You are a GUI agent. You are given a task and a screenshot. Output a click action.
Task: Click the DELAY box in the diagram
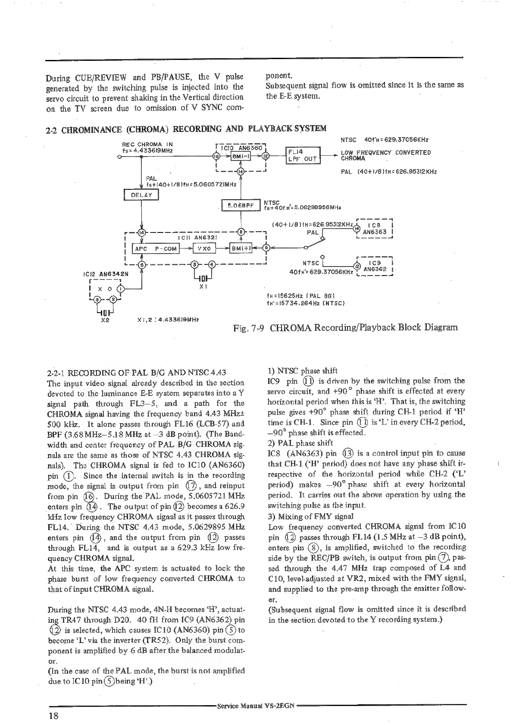click(x=141, y=195)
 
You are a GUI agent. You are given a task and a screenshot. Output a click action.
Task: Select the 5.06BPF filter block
click(x=240, y=206)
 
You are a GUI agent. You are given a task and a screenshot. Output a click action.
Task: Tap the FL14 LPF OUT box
click(x=303, y=155)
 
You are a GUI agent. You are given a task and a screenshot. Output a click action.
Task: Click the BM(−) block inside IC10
click(x=238, y=156)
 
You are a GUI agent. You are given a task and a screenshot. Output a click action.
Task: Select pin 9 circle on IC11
click(x=266, y=248)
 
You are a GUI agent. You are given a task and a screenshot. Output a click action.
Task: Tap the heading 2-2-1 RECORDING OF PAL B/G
click(x=137, y=372)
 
